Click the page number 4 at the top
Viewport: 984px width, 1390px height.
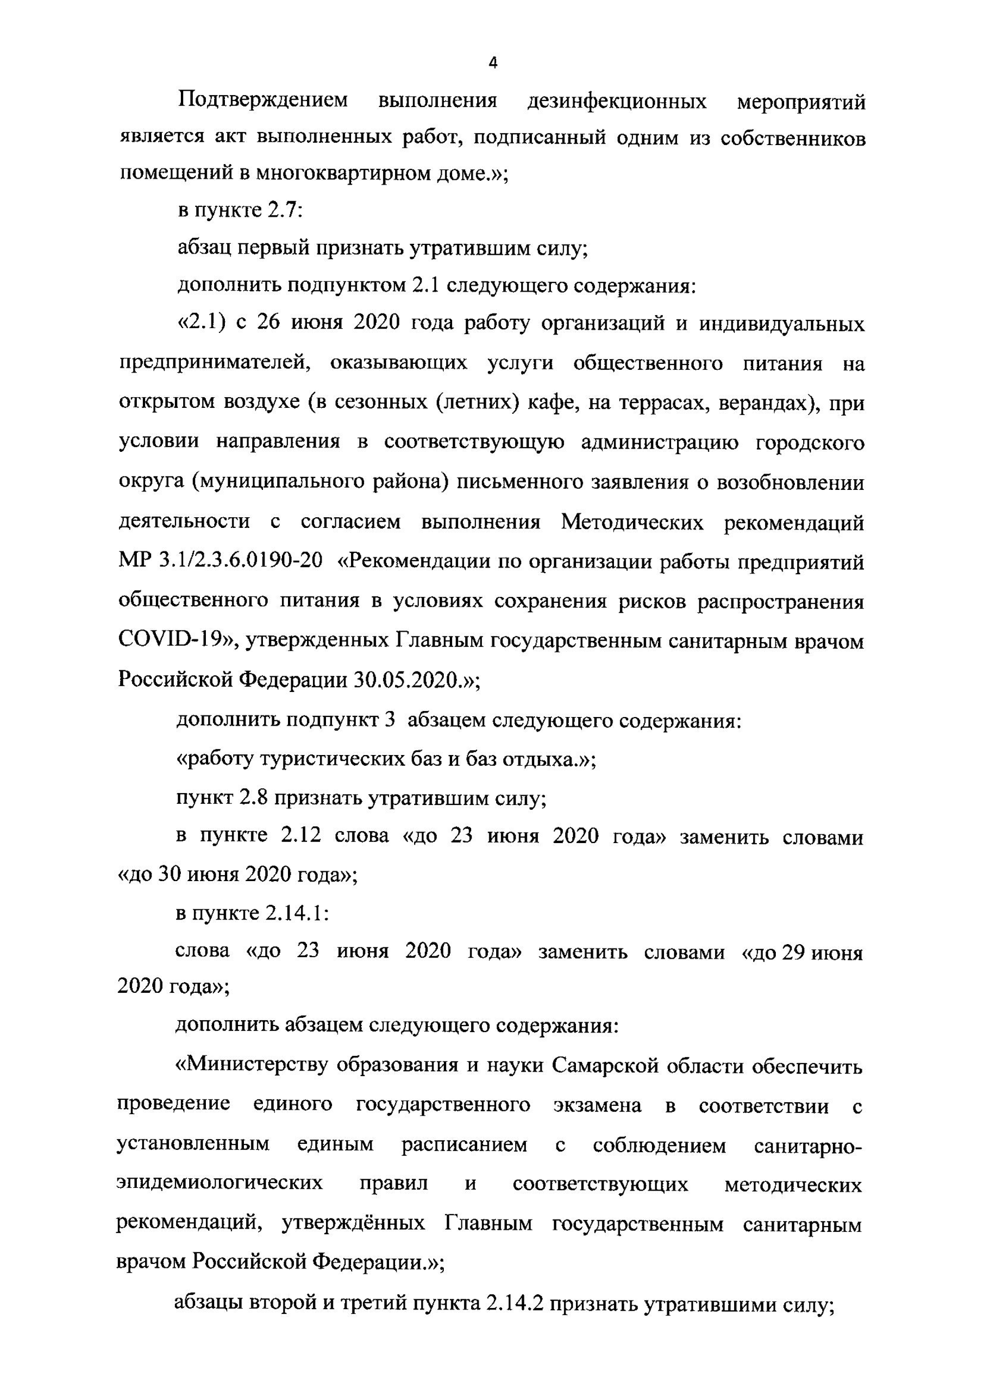tap(492, 63)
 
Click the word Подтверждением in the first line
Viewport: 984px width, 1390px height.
tap(263, 100)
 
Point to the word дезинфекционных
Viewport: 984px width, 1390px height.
tap(617, 101)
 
